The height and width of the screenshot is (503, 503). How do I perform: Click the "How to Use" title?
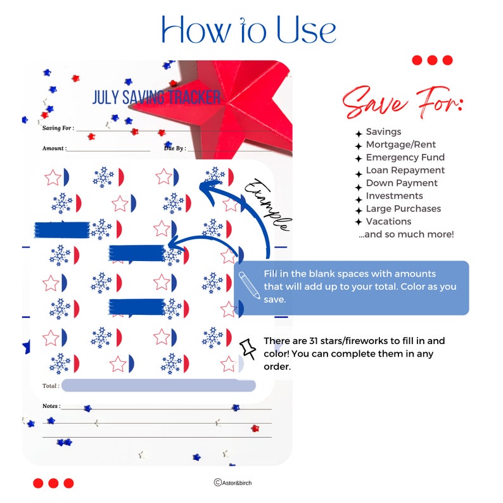(248, 29)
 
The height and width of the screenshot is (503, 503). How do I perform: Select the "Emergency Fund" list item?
(405, 157)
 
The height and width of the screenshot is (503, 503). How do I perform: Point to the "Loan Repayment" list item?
(405, 170)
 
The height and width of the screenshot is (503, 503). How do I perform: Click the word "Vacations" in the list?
(388, 221)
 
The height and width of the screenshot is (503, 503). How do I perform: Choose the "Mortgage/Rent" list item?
(400, 144)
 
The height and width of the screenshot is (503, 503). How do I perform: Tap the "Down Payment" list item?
(402, 183)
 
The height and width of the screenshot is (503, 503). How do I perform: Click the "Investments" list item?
(394, 196)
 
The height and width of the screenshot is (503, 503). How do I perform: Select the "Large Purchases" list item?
(404, 208)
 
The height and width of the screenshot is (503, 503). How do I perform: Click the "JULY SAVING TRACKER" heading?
(156, 98)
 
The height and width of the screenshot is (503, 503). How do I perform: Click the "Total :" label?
(51, 385)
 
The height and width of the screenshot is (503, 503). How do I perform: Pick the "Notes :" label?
(51, 405)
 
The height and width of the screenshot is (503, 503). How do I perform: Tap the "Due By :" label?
(174, 148)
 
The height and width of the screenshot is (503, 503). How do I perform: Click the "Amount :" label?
(54, 148)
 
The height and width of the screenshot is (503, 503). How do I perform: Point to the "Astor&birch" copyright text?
(232, 483)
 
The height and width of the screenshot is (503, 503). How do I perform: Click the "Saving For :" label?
(58, 128)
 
